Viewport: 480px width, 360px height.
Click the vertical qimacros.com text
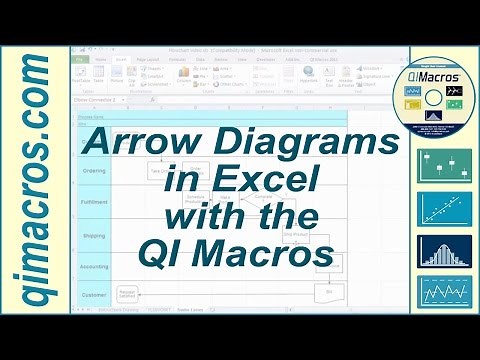point(34,180)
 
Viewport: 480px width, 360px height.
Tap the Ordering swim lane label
point(93,171)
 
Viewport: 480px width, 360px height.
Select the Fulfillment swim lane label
point(93,203)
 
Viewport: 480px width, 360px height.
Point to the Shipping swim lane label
point(93,235)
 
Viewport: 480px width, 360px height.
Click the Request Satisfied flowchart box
point(125,294)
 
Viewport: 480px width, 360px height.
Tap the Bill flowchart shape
point(327,292)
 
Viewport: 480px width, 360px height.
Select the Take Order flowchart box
point(158,171)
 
